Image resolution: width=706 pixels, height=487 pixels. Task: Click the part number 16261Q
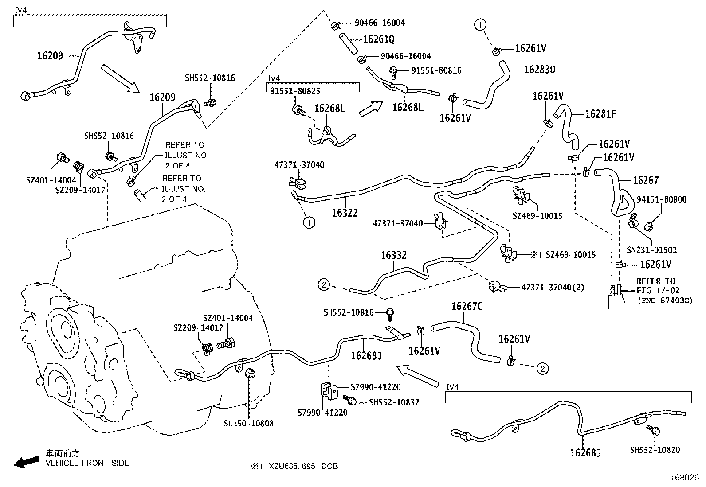click(x=378, y=39)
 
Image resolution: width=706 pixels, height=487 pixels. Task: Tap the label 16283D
click(x=539, y=70)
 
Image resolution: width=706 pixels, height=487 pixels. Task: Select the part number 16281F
click(x=600, y=114)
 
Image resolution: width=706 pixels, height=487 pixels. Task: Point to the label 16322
click(x=345, y=213)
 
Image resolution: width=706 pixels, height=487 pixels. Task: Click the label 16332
click(x=393, y=255)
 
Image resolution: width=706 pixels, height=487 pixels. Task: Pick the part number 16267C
click(x=467, y=306)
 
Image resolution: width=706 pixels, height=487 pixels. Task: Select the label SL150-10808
click(x=248, y=423)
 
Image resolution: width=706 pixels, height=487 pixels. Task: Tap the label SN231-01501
click(x=651, y=250)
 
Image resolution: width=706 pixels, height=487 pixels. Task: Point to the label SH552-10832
click(x=394, y=402)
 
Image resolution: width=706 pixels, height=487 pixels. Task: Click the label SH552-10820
click(x=655, y=450)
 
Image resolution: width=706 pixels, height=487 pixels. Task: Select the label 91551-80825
click(x=295, y=91)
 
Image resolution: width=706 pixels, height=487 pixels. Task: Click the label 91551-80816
click(x=436, y=70)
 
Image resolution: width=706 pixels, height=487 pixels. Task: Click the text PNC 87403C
click(x=665, y=300)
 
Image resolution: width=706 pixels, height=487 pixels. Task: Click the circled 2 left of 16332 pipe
click(x=324, y=284)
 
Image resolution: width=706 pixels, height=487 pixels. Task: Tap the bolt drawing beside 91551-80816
click(x=393, y=71)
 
